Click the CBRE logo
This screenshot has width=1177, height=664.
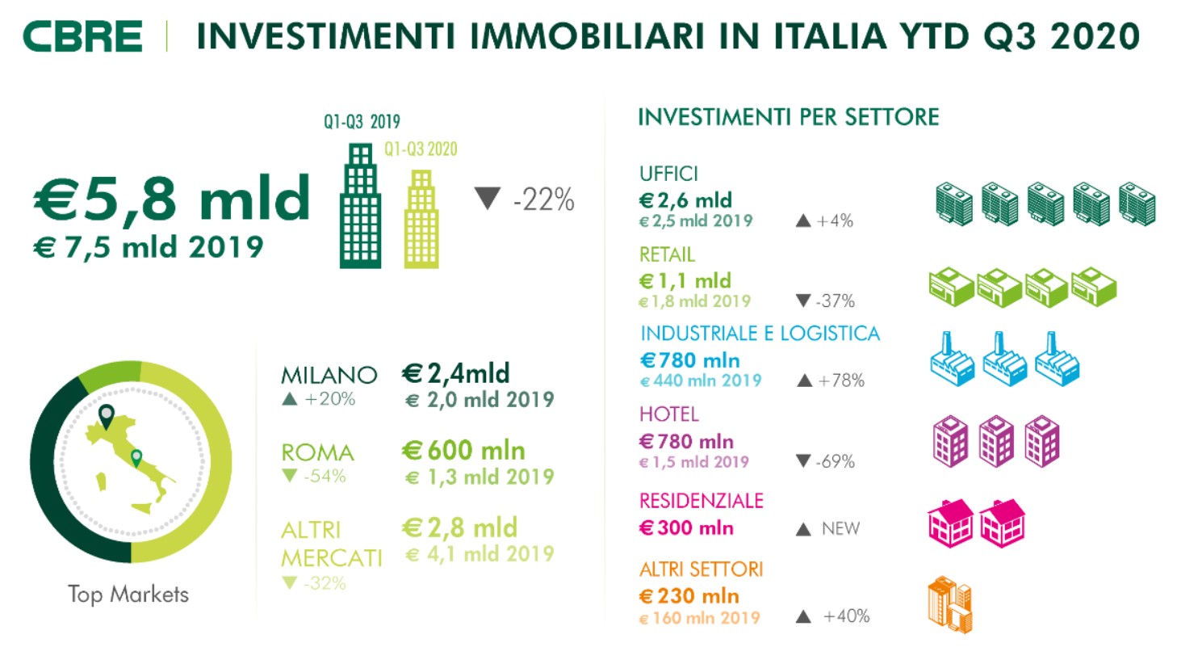click(x=82, y=36)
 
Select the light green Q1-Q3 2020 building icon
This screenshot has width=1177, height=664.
click(x=421, y=220)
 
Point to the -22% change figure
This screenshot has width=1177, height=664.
click(x=543, y=200)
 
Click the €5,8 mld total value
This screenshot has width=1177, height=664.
click(x=172, y=198)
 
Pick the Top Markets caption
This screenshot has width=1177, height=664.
click(x=128, y=595)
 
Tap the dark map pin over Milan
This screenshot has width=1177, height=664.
click(x=106, y=415)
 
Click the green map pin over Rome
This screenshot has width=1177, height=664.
click(x=136, y=458)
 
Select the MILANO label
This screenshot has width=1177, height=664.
click(x=329, y=375)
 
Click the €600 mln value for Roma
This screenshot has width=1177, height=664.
click(x=464, y=451)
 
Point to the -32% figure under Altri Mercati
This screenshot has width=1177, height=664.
click(x=325, y=583)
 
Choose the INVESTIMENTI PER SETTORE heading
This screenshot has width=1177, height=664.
click(x=788, y=118)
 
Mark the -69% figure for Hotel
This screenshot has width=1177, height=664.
click(x=835, y=462)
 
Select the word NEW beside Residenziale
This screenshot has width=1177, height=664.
click(x=840, y=529)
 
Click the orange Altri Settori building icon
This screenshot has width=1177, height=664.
click(x=950, y=604)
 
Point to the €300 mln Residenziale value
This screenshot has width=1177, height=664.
click(x=686, y=528)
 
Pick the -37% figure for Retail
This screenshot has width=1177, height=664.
click(x=835, y=301)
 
